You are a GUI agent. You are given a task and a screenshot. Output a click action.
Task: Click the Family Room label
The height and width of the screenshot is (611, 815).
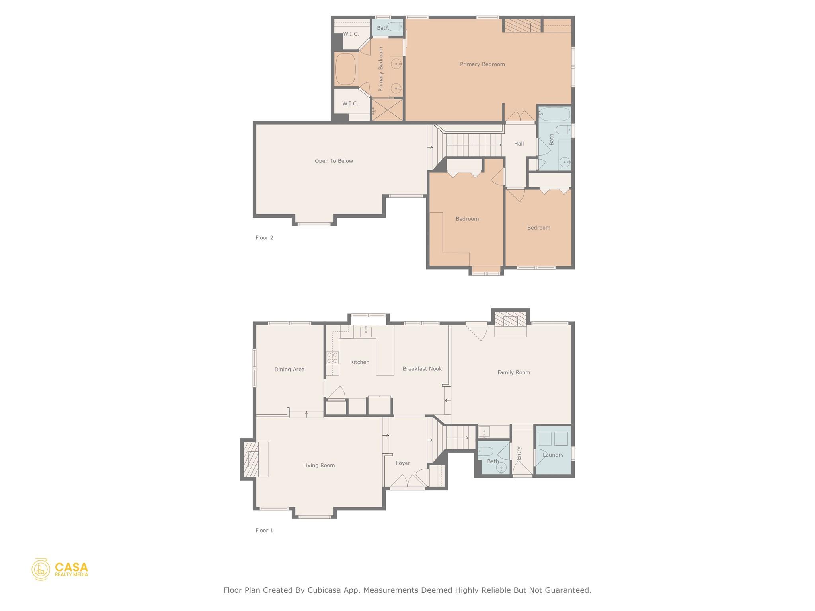coord(513,372)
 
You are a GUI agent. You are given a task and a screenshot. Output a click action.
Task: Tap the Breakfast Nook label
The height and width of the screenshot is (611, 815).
coord(422,369)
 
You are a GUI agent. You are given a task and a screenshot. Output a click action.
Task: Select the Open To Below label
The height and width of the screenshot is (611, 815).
coord(333,161)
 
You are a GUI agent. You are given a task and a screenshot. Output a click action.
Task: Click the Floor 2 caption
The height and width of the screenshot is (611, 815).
coord(264,238)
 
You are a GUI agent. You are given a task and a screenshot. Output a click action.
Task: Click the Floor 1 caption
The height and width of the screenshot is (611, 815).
coord(264,530)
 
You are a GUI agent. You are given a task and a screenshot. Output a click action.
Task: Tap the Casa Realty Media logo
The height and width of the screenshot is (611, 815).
coord(60,569)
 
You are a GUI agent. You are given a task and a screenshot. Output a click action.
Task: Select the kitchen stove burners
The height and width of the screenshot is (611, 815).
coord(332,358)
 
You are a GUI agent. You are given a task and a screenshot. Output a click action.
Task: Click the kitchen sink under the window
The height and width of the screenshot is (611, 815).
coord(366,331)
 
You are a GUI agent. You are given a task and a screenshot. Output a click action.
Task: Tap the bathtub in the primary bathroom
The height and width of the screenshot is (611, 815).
coord(345,69)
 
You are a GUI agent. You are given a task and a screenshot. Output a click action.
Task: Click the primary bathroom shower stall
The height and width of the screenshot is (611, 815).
coord(388,110)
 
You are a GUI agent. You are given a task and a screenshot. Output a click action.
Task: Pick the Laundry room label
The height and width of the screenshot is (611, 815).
coord(553,455)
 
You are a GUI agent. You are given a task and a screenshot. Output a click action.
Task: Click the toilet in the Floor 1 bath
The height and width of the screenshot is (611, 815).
coord(485,451)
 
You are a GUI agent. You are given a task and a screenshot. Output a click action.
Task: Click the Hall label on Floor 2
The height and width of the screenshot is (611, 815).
coord(519,144)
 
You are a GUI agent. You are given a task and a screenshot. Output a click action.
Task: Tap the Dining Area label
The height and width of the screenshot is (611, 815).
coord(289,369)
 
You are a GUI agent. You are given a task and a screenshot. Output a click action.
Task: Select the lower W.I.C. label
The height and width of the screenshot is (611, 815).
coord(350,103)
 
